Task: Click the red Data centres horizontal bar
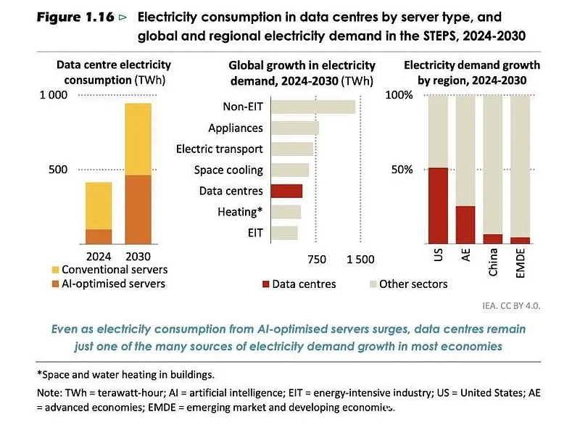tap(286, 191)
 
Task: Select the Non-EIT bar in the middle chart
tap(313, 107)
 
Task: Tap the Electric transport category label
tap(220, 149)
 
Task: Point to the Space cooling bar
tap(290, 170)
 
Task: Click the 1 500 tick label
tap(360, 260)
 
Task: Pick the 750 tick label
tap(317, 260)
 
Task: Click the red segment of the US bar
tap(438, 206)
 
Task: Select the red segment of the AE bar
tap(465, 225)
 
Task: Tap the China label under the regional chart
tap(493, 263)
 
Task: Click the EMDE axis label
tap(520, 263)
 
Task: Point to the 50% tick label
tap(402, 170)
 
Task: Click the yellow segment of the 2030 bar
tap(138, 139)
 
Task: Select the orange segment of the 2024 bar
tap(99, 236)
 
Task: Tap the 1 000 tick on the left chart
tap(54, 95)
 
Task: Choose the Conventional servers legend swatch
tap(56, 270)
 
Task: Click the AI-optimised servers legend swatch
tap(56, 284)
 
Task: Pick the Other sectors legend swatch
tap(373, 284)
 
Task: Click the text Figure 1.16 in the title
tap(75, 17)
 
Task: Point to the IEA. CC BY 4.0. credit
tap(511, 306)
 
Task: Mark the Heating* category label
tap(240, 212)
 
